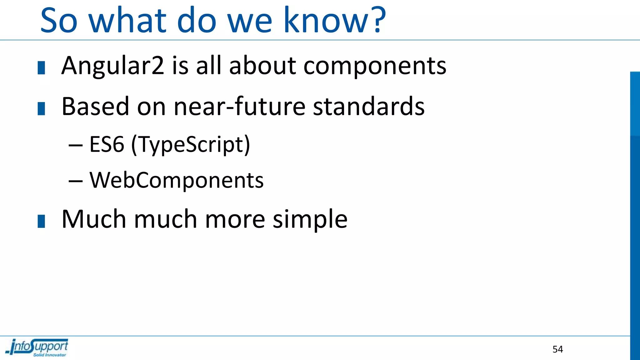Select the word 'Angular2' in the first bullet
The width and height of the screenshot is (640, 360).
point(112,66)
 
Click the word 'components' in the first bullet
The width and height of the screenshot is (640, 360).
point(375,66)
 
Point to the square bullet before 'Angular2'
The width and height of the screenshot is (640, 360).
point(41,68)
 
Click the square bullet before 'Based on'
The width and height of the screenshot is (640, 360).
point(41,108)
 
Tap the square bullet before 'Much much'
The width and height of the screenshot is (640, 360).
point(41,221)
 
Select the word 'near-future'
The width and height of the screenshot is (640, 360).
point(239,106)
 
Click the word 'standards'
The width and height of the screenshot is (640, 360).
point(369,106)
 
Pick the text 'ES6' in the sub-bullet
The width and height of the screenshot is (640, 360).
point(107,144)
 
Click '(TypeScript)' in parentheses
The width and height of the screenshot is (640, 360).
point(191,145)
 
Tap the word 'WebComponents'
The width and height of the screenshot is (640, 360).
point(177,180)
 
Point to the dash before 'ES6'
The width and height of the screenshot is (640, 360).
point(76,145)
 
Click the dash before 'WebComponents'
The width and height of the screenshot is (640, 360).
point(76,181)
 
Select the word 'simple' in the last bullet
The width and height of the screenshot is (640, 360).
point(310,219)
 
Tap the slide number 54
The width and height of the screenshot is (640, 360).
point(557,349)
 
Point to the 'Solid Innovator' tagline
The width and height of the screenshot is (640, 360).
point(50,355)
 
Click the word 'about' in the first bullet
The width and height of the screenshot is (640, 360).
point(262,66)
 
